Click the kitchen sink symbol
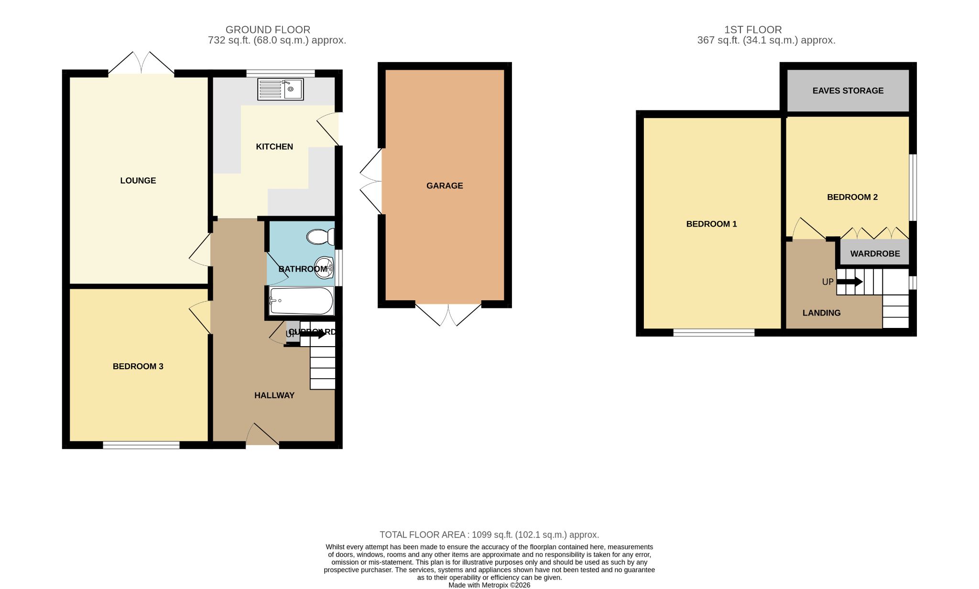click(281, 89)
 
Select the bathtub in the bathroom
click(301, 301)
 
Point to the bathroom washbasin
click(324, 267)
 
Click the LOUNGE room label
click(138, 181)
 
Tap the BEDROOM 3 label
click(138, 367)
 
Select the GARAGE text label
click(445, 186)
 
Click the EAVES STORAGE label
click(848, 91)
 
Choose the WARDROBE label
click(875, 254)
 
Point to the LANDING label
click(821, 313)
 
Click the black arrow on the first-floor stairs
click(849, 282)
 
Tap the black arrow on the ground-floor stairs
click(313, 334)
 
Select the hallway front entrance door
click(262, 435)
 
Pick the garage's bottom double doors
click(448, 314)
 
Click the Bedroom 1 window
click(714, 332)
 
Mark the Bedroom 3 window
click(141, 445)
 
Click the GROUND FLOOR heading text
click(268, 30)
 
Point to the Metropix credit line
click(489, 585)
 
